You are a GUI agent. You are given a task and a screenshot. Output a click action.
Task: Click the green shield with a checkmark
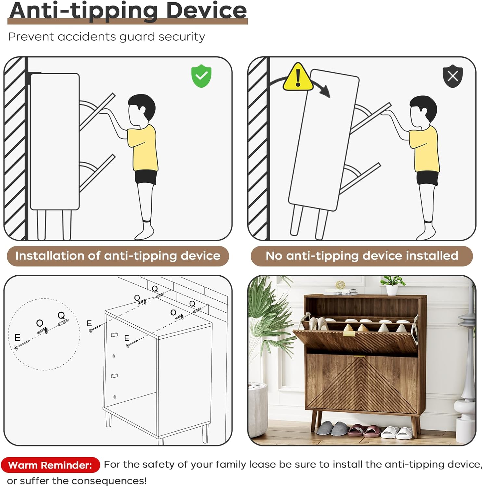coord(201,76)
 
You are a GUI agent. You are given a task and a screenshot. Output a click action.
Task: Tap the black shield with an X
coord(453,76)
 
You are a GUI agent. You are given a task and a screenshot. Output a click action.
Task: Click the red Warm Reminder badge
coord(50,465)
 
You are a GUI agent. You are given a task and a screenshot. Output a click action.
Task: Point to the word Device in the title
coord(207,10)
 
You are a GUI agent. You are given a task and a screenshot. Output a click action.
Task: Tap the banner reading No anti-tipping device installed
coord(362,256)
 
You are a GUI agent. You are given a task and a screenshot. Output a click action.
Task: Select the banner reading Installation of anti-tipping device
coord(118,256)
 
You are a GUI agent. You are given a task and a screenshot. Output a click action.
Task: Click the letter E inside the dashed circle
coord(18,338)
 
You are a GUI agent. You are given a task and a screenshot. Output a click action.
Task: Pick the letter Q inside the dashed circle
coord(61,315)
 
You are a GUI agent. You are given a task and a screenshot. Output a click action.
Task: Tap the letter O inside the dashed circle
coord(40,323)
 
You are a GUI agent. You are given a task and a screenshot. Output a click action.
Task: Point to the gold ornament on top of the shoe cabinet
coord(340,285)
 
